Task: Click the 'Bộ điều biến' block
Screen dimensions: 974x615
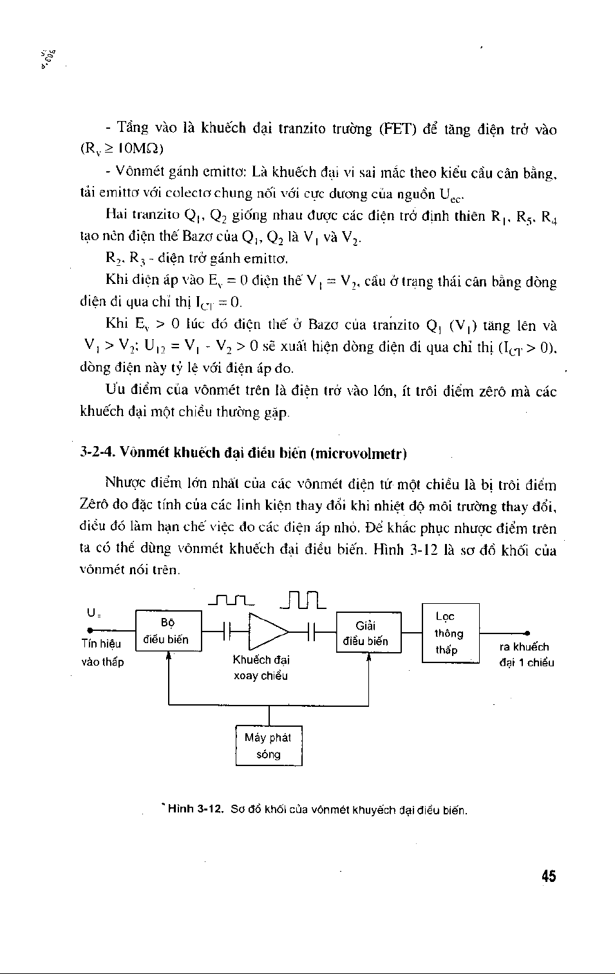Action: (x=168, y=631)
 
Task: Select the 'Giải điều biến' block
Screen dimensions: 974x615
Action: (x=368, y=633)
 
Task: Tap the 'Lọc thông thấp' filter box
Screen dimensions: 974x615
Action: (x=450, y=633)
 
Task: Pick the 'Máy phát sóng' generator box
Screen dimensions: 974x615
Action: (x=269, y=746)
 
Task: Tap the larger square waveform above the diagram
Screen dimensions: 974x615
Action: (x=304, y=600)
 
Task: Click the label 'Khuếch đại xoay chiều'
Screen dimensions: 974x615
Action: (x=261, y=668)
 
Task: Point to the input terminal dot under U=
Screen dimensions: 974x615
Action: (x=90, y=632)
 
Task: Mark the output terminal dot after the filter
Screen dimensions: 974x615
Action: (x=528, y=633)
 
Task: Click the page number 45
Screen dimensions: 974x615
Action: (x=548, y=876)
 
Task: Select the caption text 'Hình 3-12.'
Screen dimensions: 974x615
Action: (x=195, y=809)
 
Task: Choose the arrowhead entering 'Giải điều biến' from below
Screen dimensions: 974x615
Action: (x=369, y=658)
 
